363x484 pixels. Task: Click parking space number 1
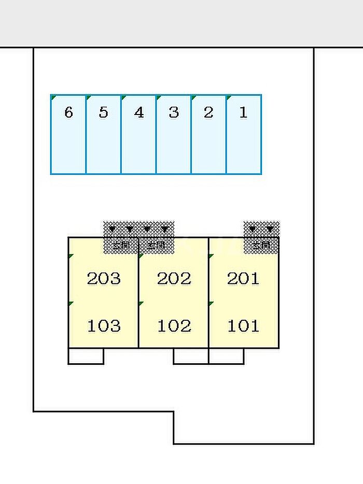pyautogui.click(x=244, y=134)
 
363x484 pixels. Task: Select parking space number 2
pyautogui.click(x=208, y=134)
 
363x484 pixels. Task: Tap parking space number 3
pyautogui.click(x=174, y=134)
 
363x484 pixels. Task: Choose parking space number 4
pyautogui.click(x=138, y=134)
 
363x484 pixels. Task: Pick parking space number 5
pyautogui.click(x=103, y=134)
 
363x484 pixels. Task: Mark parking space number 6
pyautogui.click(x=68, y=134)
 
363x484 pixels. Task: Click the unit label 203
pyautogui.click(x=104, y=279)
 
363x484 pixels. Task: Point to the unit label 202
pyautogui.click(x=174, y=279)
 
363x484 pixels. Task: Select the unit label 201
pyautogui.click(x=243, y=279)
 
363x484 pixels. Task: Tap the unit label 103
pyautogui.click(x=104, y=326)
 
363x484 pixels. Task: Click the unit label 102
pyautogui.click(x=174, y=326)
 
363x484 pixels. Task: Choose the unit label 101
pyautogui.click(x=243, y=326)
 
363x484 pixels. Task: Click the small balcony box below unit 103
pyautogui.click(x=86, y=356)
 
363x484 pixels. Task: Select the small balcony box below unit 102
pyautogui.click(x=191, y=356)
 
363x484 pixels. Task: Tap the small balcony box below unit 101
pyautogui.click(x=226, y=356)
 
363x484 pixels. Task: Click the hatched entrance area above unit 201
pyautogui.click(x=262, y=237)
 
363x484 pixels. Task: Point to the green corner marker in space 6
pyautogui.click(x=53, y=97)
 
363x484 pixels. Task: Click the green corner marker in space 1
pyautogui.click(x=229, y=97)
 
